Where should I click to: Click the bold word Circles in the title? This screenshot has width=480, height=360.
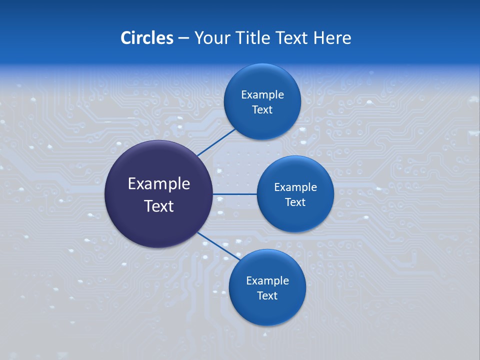[147, 38]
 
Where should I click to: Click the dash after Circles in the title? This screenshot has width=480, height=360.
[183, 38]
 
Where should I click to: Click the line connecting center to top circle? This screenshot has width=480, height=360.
[217, 142]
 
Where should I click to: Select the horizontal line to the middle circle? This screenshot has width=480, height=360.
[234, 194]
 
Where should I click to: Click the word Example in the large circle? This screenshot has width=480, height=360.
[158, 184]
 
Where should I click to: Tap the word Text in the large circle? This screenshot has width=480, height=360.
[158, 206]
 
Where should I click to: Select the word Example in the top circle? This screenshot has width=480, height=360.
[262, 95]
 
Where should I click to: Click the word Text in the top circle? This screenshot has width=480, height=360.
[262, 110]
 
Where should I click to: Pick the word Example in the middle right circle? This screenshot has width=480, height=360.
[295, 187]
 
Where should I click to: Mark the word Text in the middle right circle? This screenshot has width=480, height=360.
[295, 202]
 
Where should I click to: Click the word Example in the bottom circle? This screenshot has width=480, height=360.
[267, 281]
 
